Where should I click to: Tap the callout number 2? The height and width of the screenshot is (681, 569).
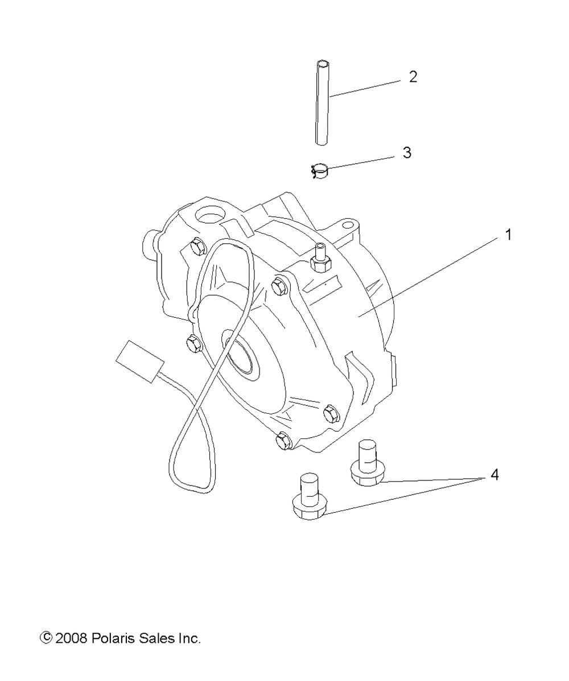pyautogui.click(x=413, y=77)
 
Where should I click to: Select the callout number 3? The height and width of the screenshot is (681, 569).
pyautogui.click(x=406, y=153)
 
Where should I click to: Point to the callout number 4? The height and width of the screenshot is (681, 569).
pyautogui.click(x=494, y=475)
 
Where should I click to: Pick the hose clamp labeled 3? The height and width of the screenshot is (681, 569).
pyautogui.click(x=321, y=171)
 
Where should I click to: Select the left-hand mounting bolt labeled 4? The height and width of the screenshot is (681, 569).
pyautogui.click(x=307, y=498)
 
